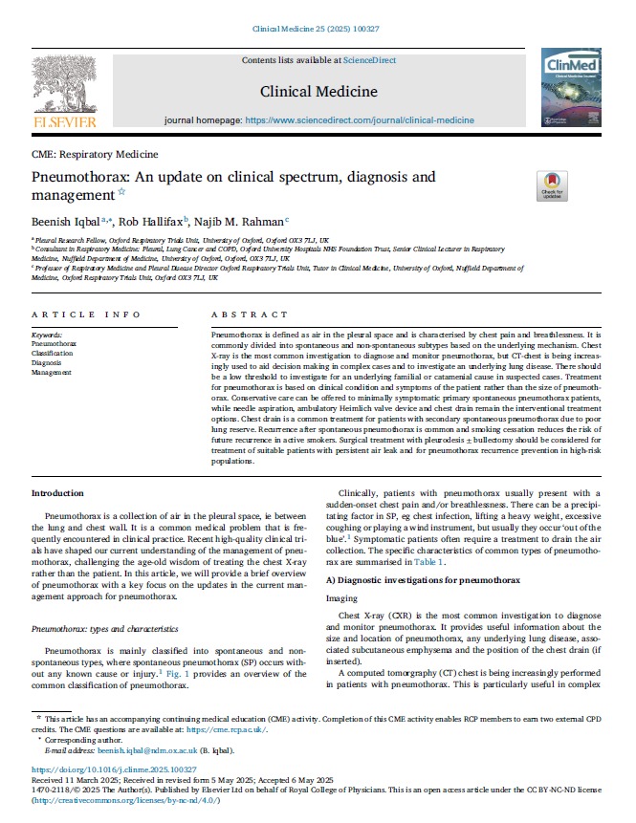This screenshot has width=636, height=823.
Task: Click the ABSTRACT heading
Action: click(x=242, y=314)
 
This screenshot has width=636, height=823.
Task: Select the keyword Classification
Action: click(x=54, y=353)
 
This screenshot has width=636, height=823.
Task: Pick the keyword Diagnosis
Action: click(x=47, y=362)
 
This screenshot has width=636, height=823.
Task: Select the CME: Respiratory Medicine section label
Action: click(x=94, y=154)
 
